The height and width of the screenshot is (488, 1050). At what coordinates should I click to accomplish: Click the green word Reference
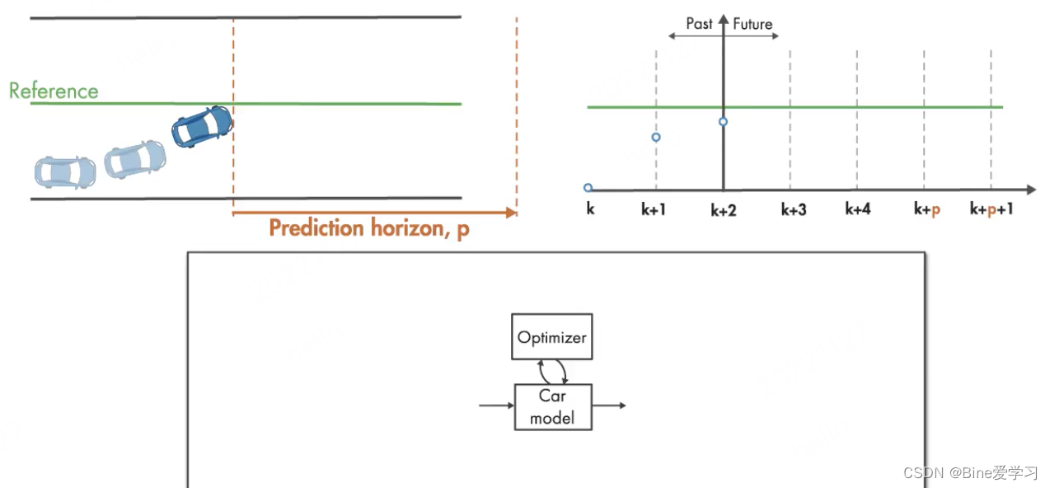54,91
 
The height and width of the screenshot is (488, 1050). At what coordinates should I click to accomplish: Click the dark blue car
203,126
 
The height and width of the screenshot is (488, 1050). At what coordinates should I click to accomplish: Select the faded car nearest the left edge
65,172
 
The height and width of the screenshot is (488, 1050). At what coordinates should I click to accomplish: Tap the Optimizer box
551,336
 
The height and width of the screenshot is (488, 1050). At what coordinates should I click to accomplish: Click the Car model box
553,407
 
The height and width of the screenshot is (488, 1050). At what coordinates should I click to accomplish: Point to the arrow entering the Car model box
496,405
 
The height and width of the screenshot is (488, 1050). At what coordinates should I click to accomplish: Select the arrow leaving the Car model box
609,405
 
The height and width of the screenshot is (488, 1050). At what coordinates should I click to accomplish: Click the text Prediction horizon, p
369,228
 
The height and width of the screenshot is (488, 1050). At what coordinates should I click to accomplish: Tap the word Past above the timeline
699,23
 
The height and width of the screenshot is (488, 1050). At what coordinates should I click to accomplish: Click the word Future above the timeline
752,24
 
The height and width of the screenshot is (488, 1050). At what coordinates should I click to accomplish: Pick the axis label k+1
654,209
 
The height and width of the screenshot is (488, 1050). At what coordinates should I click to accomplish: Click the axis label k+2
724,210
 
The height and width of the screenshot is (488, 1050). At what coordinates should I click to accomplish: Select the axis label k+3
794,209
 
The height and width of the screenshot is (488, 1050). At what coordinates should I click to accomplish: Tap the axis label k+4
858,209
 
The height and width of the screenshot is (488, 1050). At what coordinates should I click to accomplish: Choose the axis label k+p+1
991,209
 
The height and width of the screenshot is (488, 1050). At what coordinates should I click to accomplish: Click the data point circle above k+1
656,137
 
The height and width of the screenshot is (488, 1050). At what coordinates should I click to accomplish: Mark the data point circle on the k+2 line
724,122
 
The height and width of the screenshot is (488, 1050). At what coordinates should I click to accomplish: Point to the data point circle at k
588,188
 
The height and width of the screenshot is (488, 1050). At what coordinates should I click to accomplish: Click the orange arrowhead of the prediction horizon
512,213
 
